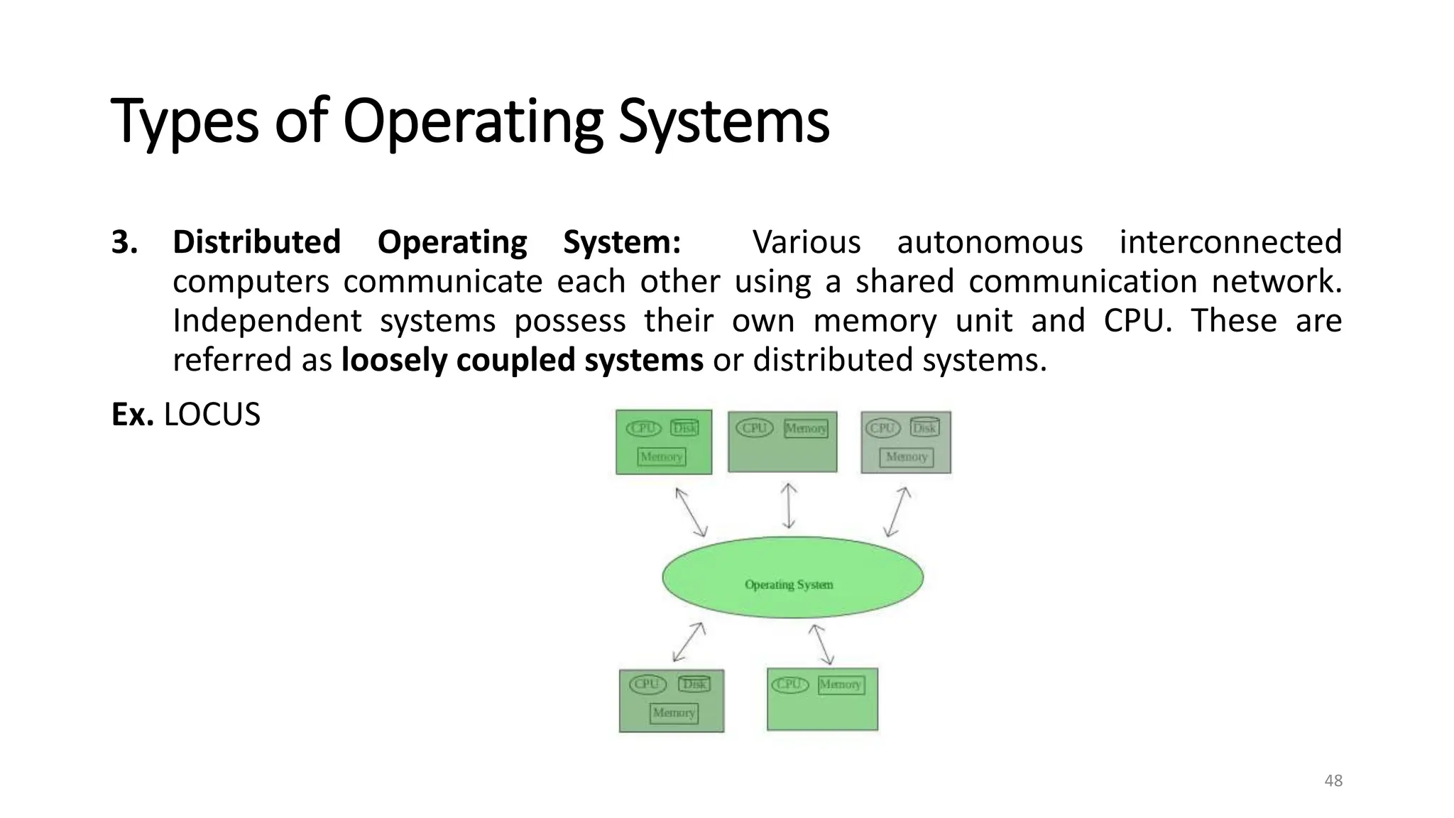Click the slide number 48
point(1333,780)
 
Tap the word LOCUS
point(212,415)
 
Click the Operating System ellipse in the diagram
point(792,577)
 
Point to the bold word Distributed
point(256,242)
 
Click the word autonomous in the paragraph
point(990,242)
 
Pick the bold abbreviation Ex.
point(132,415)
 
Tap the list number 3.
point(124,242)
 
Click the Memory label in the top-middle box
point(806,428)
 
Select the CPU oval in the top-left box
point(643,428)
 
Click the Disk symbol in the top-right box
point(924,427)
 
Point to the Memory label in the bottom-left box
point(674,712)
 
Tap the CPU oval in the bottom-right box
point(789,684)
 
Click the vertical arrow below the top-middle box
point(788,506)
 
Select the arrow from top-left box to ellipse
point(691,512)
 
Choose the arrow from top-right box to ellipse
point(897,511)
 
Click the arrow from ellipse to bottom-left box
point(689,642)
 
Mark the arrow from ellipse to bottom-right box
point(821,643)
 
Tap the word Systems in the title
point(723,122)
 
